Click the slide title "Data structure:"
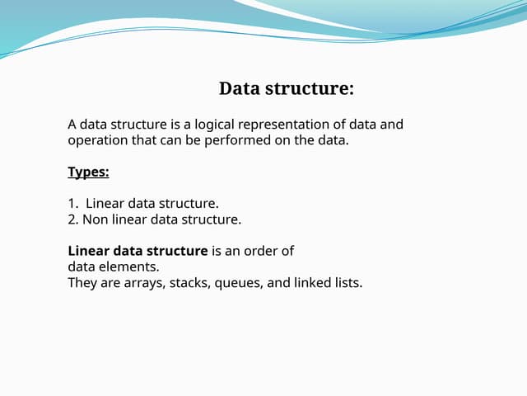coord(287,88)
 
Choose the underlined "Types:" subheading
coord(88,172)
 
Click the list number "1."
coord(72,203)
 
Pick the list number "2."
coord(72,219)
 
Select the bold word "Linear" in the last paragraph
coord(90,251)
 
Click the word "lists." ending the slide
coord(349,283)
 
